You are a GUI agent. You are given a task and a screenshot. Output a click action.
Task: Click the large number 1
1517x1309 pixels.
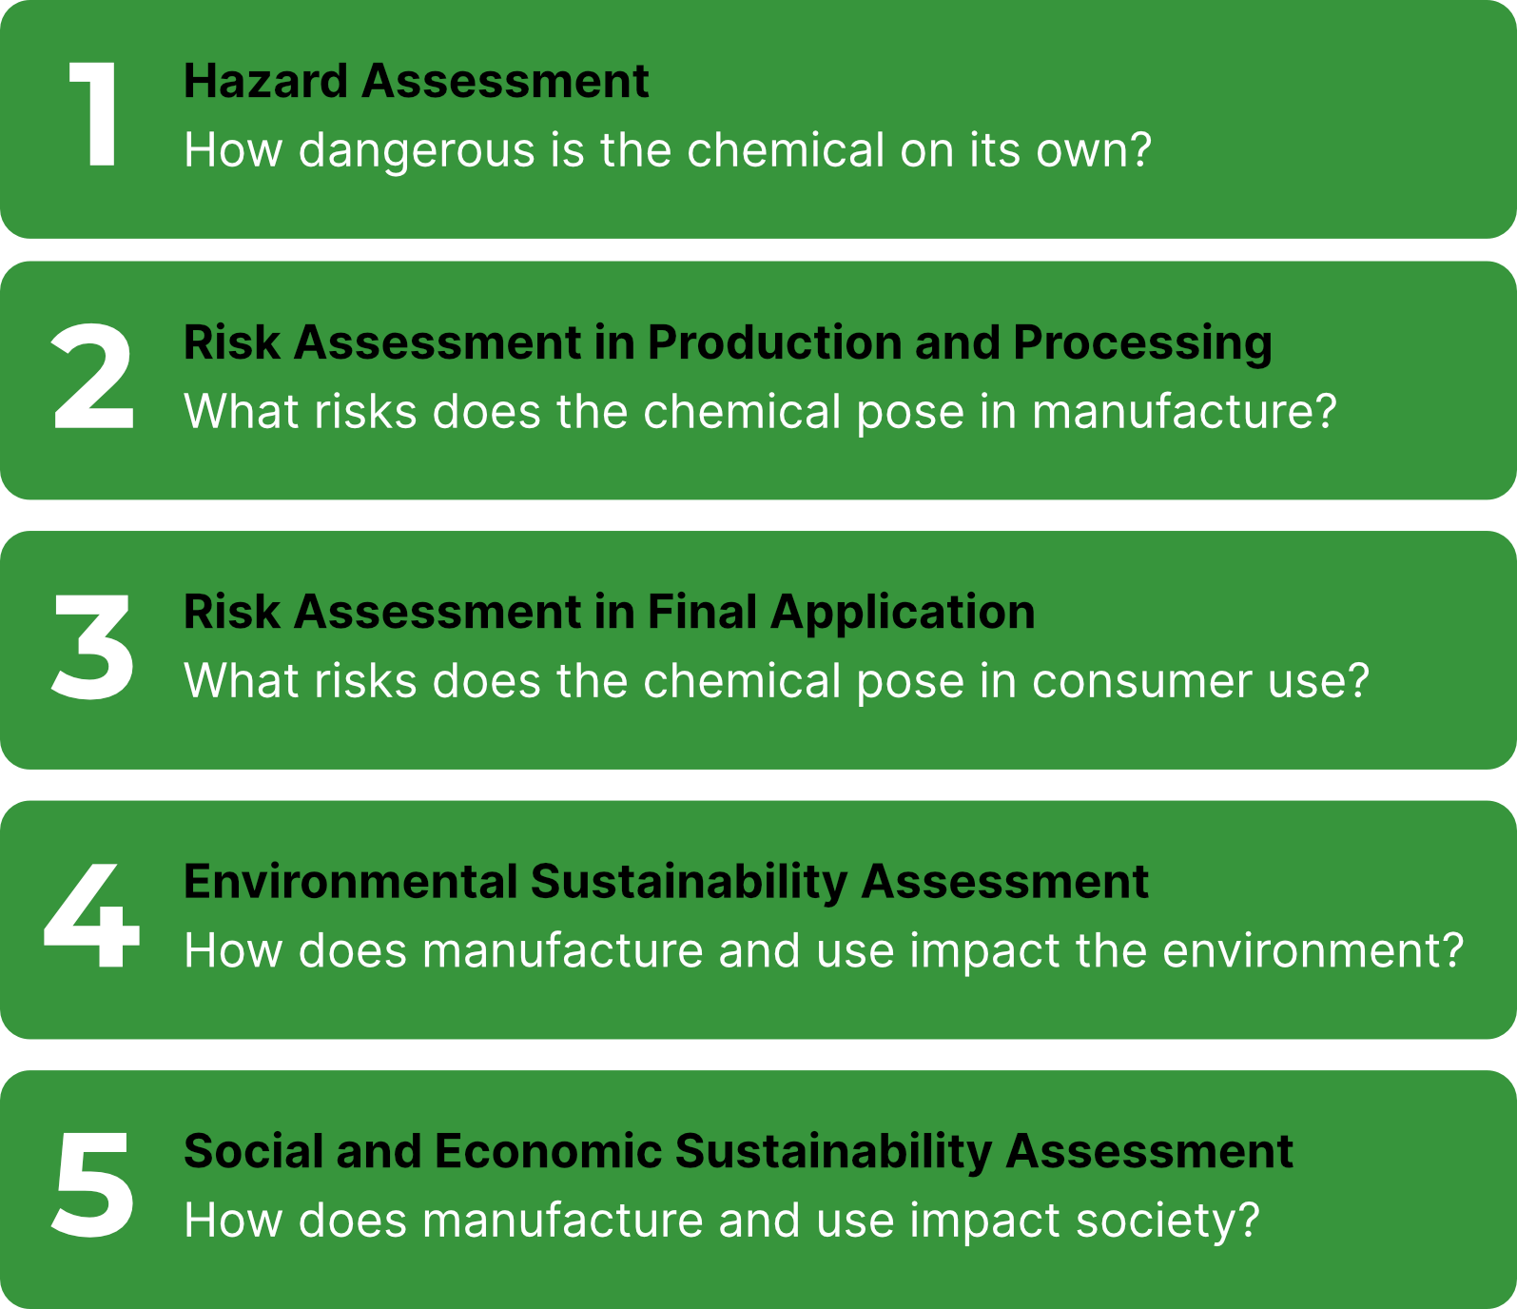click(x=94, y=115)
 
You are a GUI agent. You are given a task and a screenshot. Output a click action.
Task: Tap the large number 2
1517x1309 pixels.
click(x=92, y=377)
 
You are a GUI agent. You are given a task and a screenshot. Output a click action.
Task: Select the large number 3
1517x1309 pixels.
click(x=92, y=647)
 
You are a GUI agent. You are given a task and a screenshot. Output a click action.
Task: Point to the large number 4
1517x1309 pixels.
click(x=91, y=916)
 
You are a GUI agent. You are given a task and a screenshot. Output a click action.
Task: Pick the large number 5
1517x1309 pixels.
click(x=92, y=1185)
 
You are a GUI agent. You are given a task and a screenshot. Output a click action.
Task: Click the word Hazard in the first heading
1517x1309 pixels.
click(x=265, y=81)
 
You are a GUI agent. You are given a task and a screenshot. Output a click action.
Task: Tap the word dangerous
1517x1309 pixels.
click(x=417, y=151)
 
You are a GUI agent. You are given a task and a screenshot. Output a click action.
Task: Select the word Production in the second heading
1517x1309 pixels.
click(x=774, y=342)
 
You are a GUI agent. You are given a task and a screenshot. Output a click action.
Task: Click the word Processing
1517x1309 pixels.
click(x=1142, y=344)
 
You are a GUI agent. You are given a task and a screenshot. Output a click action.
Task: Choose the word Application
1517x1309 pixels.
click(x=903, y=614)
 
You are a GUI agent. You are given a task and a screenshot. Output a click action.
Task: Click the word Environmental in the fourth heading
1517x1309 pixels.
click(x=349, y=882)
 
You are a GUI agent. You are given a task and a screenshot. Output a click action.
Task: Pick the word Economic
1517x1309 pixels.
click(x=548, y=1151)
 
